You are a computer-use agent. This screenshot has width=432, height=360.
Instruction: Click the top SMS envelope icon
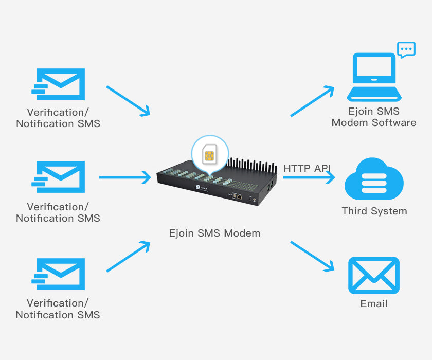[59, 84]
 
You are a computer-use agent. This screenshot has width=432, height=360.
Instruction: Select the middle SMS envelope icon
[59, 177]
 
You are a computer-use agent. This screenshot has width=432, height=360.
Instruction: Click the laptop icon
[373, 78]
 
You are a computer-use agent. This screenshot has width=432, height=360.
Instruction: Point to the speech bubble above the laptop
[406, 50]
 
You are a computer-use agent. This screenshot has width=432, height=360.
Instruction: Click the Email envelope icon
[374, 275]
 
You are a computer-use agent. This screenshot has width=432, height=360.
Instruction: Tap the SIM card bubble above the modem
[210, 152]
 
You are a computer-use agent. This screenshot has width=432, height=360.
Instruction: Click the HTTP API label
[307, 168]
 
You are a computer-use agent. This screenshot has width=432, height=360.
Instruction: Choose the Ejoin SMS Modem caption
[214, 233]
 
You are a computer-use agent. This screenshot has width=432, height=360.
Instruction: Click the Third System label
[374, 211]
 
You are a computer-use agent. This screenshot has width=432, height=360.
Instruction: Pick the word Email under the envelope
[374, 303]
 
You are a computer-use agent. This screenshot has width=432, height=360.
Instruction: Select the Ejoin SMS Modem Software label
[374, 117]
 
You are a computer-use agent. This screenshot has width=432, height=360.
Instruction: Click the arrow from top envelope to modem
[128, 101]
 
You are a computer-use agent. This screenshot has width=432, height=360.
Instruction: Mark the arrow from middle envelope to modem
[125, 177]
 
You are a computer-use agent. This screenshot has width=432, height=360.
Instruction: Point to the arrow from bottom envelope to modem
[128, 256]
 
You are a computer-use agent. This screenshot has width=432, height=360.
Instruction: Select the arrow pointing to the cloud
[309, 177]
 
